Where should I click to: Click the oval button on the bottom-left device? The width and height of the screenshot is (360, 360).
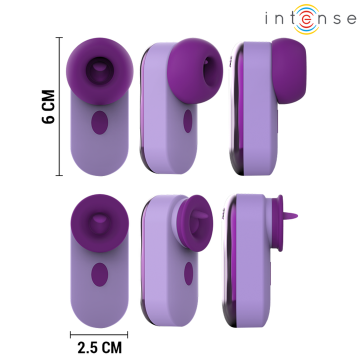point(99,275)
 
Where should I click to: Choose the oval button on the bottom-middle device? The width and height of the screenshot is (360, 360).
point(188,272)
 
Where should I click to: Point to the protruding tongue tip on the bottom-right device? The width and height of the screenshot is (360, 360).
point(295,215)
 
